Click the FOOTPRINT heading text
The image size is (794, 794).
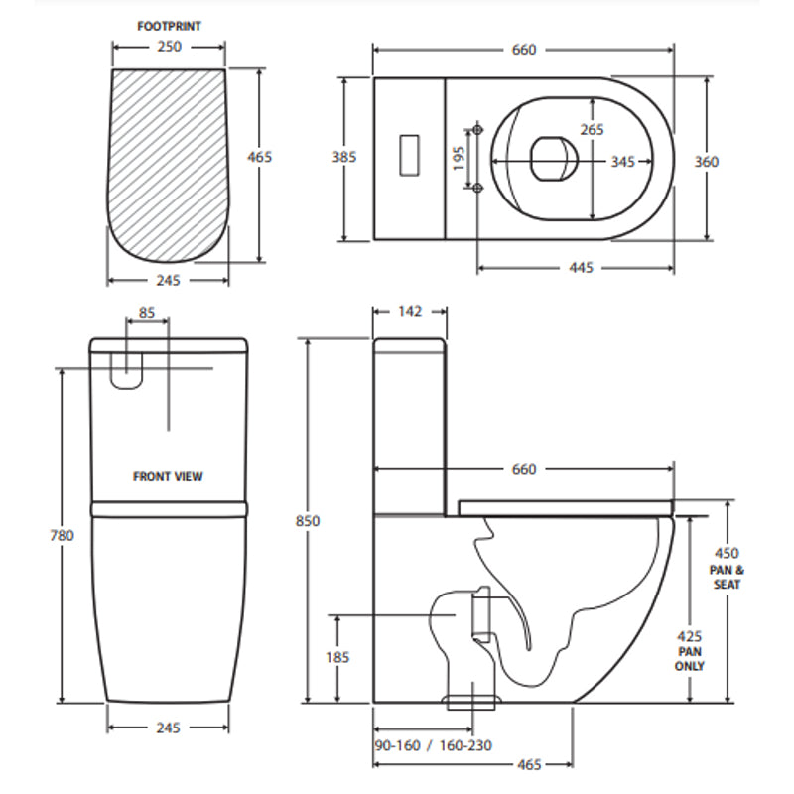(x=168, y=27)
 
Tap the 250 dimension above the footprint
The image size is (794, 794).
(x=168, y=47)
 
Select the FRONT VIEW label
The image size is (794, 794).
(x=168, y=476)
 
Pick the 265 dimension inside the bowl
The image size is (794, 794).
(x=593, y=130)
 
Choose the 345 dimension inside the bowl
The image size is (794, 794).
(x=622, y=161)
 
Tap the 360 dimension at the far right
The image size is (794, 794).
(x=707, y=161)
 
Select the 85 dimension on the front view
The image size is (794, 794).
(x=147, y=313)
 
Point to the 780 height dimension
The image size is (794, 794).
(x=62, y=535)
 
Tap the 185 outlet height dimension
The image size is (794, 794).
(x=338, y=658)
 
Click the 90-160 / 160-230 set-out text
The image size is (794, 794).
(x=435, y=745)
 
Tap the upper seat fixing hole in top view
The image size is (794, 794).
(x=478, y=131)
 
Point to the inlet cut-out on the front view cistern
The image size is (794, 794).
(x=126, y=370)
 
